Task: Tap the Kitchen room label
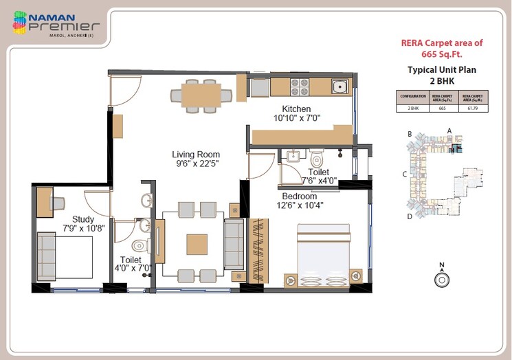tap(296, 109)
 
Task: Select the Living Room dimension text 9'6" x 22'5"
tap(195, 164)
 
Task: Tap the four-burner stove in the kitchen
tap(299, 87)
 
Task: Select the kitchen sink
tap(338, 87)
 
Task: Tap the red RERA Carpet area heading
tap(442, 48)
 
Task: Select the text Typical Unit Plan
tap(442, 69)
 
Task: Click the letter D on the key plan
tap(409, 216)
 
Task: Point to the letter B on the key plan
tap(409, 134)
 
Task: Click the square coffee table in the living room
tap(197, 244)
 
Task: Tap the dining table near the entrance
tap(201, 95)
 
